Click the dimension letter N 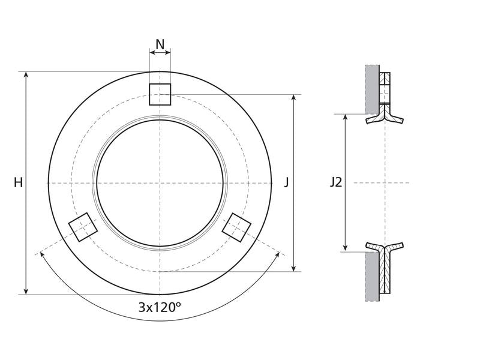coord(160,44)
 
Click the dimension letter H coord(19,183)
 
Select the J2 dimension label coord(336,182)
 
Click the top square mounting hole coord(160,94)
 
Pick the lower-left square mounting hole coord(83,227)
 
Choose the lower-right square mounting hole coord(236,227)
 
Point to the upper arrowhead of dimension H coord(26,75)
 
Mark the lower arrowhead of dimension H coord(26,291)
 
